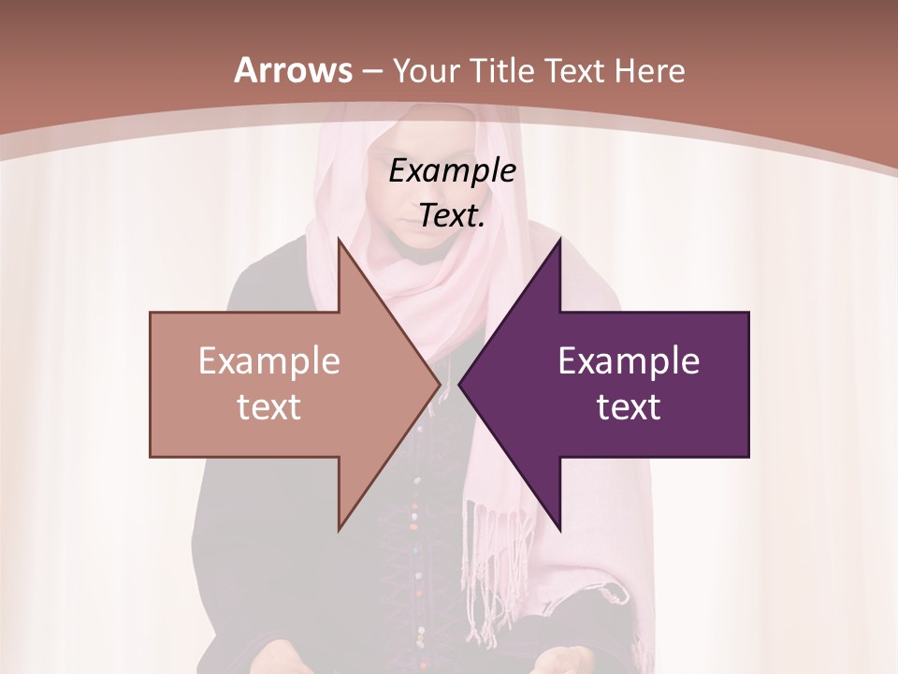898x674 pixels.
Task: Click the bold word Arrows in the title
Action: [294, 70]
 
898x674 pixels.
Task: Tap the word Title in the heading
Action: [504, 71]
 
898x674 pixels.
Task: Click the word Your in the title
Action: [427, 71]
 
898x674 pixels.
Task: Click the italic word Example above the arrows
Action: [452, 170]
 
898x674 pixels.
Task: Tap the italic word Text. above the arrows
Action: [452, 215]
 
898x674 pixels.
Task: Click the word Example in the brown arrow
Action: [268, 360]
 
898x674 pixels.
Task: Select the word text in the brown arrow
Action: [268, 406]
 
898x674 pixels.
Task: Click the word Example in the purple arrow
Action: [629, 360]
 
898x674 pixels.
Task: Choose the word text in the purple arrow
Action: [629, 406]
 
